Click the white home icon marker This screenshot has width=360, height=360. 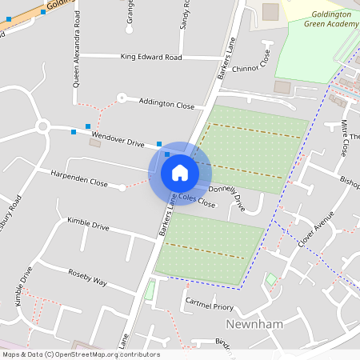click(180, 172)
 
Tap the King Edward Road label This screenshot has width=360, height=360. click(150, 58)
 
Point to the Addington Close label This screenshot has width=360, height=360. click(166, 104)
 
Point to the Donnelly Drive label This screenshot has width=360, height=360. click(226, 198)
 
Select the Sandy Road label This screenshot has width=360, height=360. click(184, 14)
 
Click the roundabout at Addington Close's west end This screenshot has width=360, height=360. click(122, 98)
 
